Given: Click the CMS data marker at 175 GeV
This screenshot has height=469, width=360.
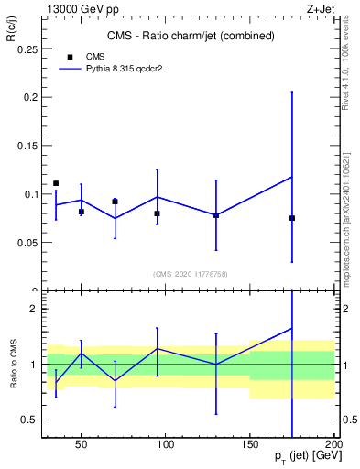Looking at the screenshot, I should click(x=292, y=218).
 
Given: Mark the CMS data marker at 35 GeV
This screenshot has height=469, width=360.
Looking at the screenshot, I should click(x=56, y=183).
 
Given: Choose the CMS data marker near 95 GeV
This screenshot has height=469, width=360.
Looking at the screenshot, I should click(x=158, y=213).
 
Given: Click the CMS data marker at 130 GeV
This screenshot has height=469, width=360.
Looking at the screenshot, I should click(x=216, y=215).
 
